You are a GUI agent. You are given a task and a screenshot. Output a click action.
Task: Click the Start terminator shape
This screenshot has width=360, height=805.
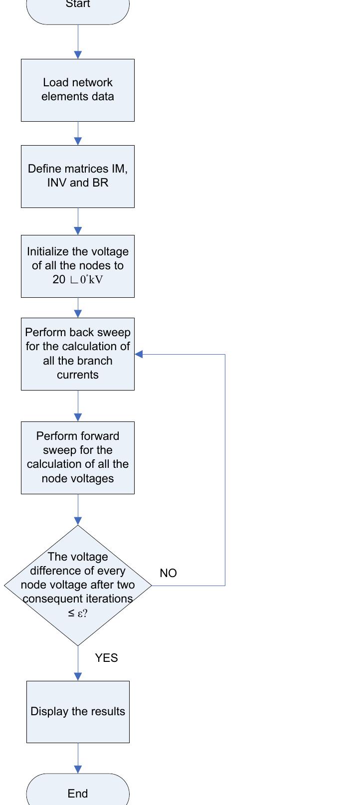coord(78,10)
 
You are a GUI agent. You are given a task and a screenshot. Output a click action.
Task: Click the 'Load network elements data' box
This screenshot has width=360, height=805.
coord(78,90)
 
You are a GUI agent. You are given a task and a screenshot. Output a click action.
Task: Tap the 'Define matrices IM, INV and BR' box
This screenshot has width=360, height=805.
coord(78,176)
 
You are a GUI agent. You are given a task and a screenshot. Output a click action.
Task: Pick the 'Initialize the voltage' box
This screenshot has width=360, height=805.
coord(78,266)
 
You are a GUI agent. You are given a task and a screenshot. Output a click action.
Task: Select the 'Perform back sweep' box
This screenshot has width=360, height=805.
coord(78,354)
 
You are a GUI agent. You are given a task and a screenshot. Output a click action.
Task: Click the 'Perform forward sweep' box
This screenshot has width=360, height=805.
coord(78,457)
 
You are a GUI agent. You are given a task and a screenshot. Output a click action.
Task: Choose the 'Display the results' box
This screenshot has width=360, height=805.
coord(78,711)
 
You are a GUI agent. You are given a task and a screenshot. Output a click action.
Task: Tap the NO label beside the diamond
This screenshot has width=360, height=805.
coord(168,573)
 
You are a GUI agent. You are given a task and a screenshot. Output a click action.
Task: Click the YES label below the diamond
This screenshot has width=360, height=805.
coord(106,658)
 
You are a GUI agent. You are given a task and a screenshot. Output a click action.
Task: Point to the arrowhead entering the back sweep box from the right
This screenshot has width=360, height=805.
coord(139,354)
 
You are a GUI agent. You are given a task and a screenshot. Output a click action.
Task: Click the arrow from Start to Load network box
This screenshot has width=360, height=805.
coord(78,42)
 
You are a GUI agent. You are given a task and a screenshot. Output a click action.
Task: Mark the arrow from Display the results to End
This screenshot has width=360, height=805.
coord(78,758)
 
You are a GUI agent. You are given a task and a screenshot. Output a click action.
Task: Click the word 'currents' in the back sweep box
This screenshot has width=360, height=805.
coord(78,375)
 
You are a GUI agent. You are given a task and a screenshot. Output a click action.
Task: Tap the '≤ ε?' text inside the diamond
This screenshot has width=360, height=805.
coord(78,613)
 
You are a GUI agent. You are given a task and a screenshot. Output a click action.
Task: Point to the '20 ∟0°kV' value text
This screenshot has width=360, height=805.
coord(78,279)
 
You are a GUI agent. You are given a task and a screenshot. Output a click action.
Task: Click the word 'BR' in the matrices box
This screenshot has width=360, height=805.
coord(100,183)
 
